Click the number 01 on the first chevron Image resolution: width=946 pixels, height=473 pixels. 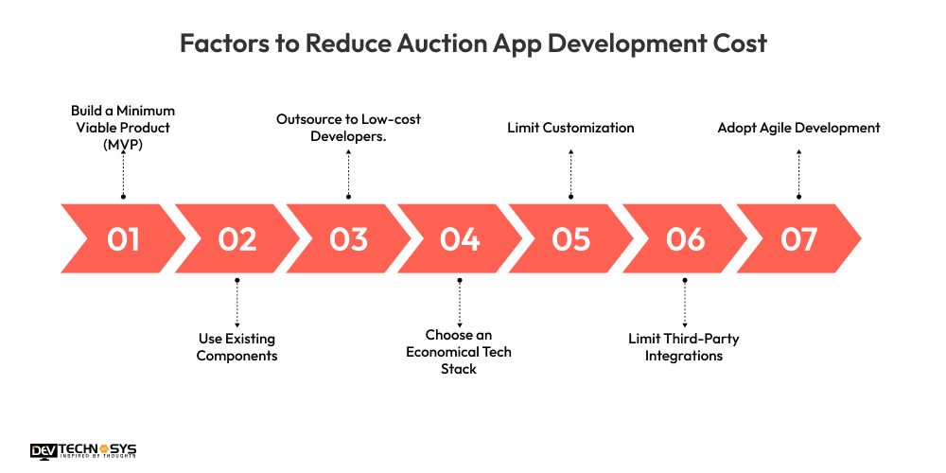coord(123,239)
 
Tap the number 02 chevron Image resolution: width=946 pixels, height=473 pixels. coord(236,239)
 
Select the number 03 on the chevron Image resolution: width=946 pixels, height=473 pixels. coord(348,239)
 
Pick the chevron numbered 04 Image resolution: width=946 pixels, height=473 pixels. coord(460,239)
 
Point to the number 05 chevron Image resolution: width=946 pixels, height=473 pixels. coord(571,239)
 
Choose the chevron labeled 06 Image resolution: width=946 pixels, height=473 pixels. coord(684,239)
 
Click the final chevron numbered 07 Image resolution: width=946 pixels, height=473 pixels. coord(798,239)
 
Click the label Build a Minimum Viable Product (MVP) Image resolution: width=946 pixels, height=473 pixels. coord(123,127)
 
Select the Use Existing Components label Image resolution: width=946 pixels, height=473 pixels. coord(236,347)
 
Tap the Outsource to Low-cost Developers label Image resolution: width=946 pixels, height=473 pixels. coord(348,127)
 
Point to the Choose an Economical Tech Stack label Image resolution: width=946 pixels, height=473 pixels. coord(459,352)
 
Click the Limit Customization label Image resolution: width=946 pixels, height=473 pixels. coord(570,128)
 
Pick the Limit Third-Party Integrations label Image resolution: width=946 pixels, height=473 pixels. coord(684,347)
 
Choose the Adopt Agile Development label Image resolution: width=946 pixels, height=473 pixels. coord(798,128)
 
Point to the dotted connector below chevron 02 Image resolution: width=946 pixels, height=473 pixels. coord(236,303)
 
